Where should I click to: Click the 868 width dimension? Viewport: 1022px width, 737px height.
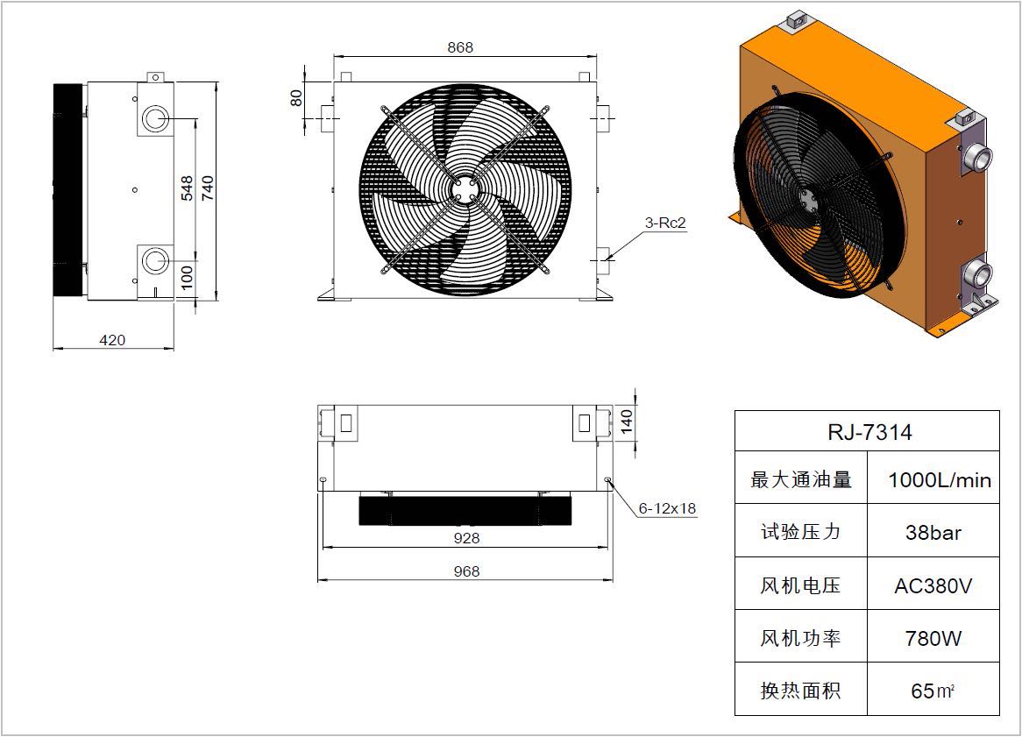click(x=460, y=47)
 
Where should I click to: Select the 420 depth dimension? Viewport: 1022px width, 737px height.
click(x=112, y=340)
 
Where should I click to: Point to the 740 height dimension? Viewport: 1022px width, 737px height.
click(x=207, y=188)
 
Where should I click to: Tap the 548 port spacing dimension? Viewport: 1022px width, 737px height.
click(x=187, y=188)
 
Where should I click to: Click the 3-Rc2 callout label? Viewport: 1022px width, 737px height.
click(x=665, y=223)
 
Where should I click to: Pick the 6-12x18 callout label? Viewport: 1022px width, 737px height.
click(x=667, y=508)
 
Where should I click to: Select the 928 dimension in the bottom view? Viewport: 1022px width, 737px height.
click(x=466, y=538)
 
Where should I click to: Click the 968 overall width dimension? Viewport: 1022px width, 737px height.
click(x=466, y=571)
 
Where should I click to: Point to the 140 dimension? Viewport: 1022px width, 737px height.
click(x=626, y=422)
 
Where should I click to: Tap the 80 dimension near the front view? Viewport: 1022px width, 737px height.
click(x=296, y=98)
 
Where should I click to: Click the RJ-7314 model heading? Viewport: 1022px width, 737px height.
click(x=869, y=432)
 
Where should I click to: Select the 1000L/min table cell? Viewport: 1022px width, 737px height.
click(x=940, y=481)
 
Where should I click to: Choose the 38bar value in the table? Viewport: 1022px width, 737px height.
click(x=933, y=533)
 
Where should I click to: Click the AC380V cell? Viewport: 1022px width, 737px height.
click(x=933, y=586)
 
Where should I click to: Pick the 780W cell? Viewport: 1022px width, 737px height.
click(x=933, y=639)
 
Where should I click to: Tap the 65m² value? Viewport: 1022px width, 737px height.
click(x=933, y=691)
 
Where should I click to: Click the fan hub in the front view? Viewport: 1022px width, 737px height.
click(x=465, y=190)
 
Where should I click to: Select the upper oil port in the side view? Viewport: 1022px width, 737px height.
click(x=155, y=118)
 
